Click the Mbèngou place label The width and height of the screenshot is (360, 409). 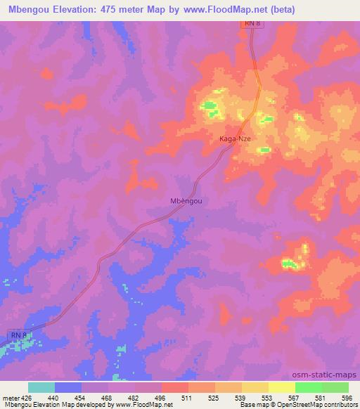pyautogui.click(x=186, y=201)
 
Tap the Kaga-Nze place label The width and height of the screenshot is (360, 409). pyautogui.click(x=235, y=139)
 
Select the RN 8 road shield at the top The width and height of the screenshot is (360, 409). pyautogui.click(x=253, y=25)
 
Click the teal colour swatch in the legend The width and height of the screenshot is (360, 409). pyautogui.click(x=41, y=387)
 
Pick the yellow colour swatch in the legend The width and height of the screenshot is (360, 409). pyautogui.click(x=282, y=387)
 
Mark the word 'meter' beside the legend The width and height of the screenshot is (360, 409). pyautogui.click(x=11, y=397)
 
